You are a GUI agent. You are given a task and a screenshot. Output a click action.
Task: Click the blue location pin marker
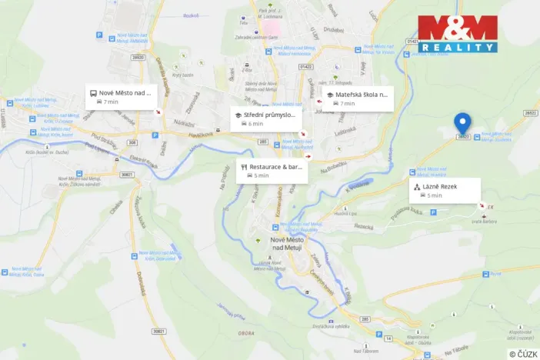pyautogui.click(x=462, y=123)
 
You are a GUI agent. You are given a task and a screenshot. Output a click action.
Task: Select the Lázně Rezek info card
pyautogui.click(x=445, y=190)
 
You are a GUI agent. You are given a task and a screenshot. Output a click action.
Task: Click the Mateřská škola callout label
pyautogui.click(x=358, y=98)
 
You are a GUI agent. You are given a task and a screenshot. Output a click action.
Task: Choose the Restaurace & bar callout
pyautogui.click(x=272, y=171)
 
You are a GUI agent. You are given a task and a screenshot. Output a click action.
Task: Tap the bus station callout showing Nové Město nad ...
pyautogui.click(x=121, y=96)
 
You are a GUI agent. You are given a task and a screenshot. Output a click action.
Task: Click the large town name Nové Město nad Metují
pyautogui.click(x=287, y=245)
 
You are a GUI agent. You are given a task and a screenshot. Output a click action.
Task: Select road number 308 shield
pyautogui.click(x=132, y=142)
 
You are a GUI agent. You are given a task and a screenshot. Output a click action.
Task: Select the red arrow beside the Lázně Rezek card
pyautogui.click(x=482, y=205)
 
